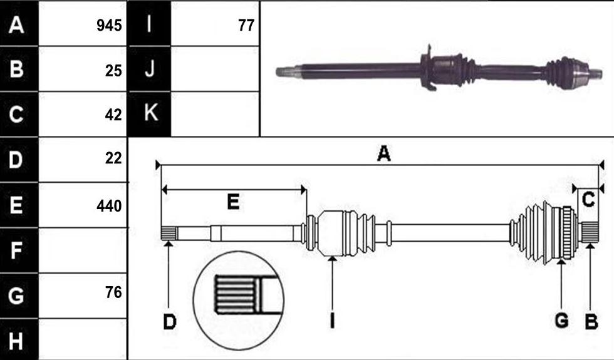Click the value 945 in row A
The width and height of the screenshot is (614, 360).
point(109,26)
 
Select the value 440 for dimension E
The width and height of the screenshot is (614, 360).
point(109,206)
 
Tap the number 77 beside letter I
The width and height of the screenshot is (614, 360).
point(246,26)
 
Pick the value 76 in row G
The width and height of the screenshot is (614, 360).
point(113,292)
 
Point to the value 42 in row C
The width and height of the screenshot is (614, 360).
point(113,115)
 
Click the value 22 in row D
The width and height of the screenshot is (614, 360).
point(113,158)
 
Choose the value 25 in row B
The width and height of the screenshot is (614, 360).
point(113,70)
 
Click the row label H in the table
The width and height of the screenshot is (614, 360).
point(16,341)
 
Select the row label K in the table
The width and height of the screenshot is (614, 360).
point(151,113)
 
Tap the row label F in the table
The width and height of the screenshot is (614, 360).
point(16,250)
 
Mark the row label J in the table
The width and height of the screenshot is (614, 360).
point(150,69)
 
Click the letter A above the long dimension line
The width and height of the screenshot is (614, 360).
point(383,153)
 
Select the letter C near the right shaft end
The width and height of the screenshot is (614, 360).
point(588,200)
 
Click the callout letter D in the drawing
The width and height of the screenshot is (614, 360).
point(170,322)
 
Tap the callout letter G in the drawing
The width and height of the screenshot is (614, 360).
point(562,321)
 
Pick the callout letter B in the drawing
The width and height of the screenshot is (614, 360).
point(591,322)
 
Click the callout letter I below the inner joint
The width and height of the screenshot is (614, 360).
point(332,321)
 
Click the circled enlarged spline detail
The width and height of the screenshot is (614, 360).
point(239,300)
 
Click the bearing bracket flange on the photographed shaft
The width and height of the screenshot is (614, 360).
point(428,68)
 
